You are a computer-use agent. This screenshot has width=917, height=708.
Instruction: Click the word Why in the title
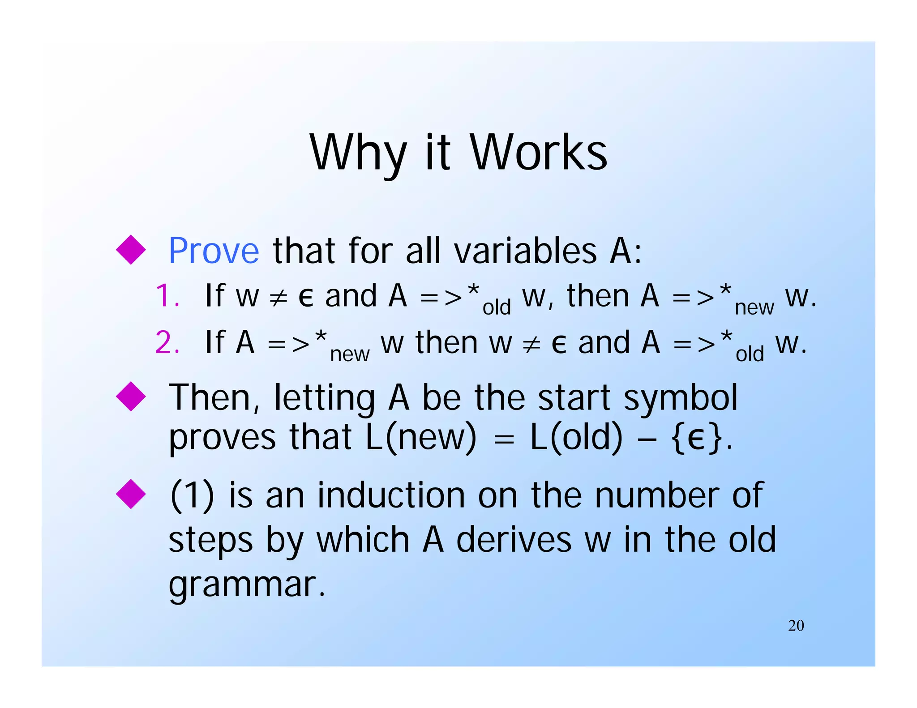(x=358, y=153)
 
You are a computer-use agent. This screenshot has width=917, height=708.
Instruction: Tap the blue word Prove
(x=214, y=251)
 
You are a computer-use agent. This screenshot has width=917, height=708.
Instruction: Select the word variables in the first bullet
(x=526, y=251)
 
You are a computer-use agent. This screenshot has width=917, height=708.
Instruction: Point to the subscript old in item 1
(x=497, y=307)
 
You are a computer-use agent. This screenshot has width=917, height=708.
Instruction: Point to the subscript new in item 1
(x=754, y=307)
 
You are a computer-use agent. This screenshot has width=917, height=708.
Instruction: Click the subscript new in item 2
(x=350, y=354)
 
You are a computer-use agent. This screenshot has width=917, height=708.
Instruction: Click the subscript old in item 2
(x=750, y=354)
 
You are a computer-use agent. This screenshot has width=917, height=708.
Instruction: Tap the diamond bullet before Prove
(x=131, y=250)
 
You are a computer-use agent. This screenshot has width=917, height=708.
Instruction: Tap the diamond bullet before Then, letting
(x=131, y=397)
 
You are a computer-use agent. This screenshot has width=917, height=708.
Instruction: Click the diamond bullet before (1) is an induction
(x=131, y=494)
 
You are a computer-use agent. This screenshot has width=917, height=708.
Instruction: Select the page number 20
(x=796, y=626)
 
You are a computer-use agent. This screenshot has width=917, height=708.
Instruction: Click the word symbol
(x=680, y=397)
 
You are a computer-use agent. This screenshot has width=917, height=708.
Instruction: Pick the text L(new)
(x=421, y=437)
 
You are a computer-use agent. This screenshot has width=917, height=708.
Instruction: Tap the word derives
(x=514, y=540)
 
